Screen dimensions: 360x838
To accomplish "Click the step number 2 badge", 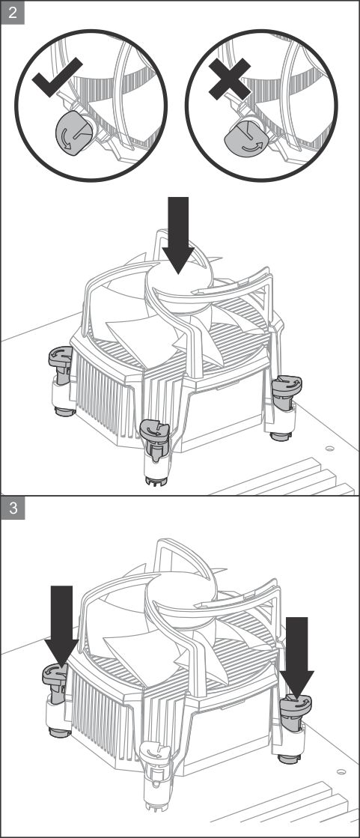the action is pyautogui.click(x=13, y=13).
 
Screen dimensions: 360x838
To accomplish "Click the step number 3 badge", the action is pyautogui.click(x=13, y=508).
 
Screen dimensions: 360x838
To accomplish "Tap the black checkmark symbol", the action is pyautogui.click(x=57, y=77).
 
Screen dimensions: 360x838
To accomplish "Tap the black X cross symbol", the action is pyautogui.click(x=230, y=79).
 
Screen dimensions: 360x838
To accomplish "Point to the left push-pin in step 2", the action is pyautogui.click(x=61, y=380).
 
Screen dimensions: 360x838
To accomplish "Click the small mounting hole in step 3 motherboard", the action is pyautogui.click(x=341, y=772).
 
